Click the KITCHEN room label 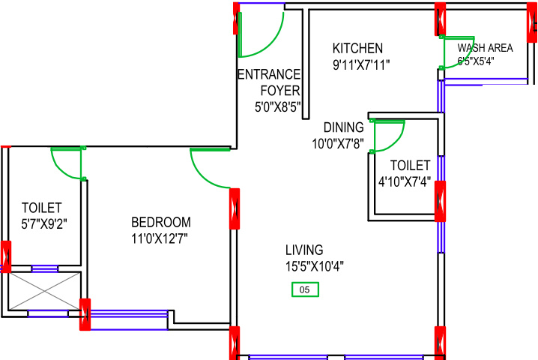click(357, 48)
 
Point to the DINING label click(343, 127)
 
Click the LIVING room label click(303, 250)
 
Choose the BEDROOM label click(160, 222)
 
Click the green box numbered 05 click(305, 289)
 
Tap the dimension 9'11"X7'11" click(361, 64)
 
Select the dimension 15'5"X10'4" click(314, 265)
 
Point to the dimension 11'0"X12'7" click(160, 238)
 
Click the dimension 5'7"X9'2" click(41, 223)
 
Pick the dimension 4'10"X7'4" click(404, 180)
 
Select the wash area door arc click(459, 52)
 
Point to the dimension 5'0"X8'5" click(277, 106)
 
